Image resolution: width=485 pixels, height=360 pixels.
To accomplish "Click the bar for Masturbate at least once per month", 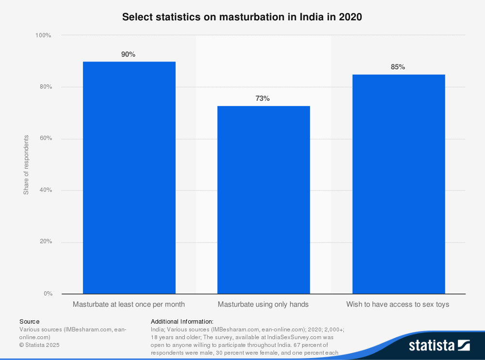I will click(129, 177).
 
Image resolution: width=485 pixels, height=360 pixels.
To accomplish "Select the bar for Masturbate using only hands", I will click(263, 200).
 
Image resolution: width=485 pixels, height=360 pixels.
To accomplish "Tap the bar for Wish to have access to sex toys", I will click(398, 184).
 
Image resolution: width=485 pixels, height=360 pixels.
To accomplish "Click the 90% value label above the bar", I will click(129, 55).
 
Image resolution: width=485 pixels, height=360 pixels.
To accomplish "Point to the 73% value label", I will click(263, 98).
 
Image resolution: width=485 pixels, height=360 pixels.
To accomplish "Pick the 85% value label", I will click(398, 67).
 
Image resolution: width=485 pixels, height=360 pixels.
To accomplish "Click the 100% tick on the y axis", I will click(43, 36).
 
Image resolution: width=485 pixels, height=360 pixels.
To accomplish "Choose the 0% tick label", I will click(47, 294).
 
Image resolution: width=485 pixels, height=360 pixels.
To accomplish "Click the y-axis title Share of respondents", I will click(26, 165).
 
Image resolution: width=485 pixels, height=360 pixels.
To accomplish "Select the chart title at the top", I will click(242, 17).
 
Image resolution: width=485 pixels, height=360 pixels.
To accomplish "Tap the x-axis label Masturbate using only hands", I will click(263, 305).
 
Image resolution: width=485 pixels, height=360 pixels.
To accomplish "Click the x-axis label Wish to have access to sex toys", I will click(398, 305).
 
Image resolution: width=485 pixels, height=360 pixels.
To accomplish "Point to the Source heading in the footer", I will click(30, 322).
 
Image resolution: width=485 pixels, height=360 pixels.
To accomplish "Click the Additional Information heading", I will click(182, 322).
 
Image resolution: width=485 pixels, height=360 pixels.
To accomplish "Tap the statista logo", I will click(439, 345).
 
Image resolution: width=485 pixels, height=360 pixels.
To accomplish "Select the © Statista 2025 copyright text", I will click(39, 345).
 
